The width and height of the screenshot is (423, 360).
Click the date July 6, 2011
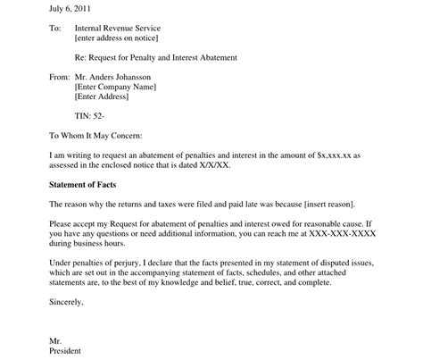[x=70, y=8]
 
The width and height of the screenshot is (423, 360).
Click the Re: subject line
[x=157, y=58]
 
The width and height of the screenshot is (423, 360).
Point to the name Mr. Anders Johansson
[x=121, y=77]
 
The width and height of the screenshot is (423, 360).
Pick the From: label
[x=58, y=77]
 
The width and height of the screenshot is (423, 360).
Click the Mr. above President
[x=55, y=339]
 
